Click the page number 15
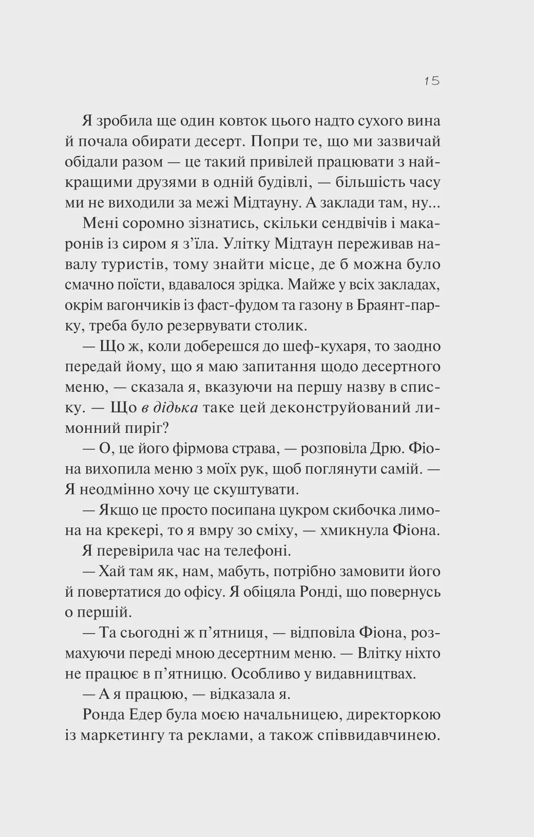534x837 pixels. [432, 81]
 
